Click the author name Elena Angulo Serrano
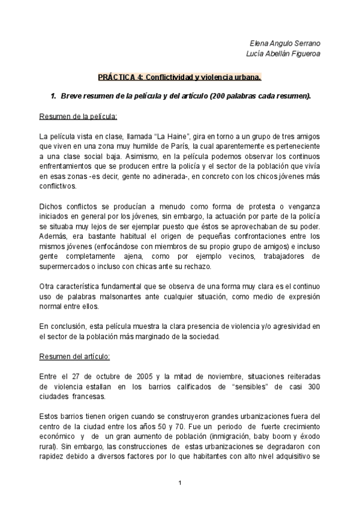(286, 44)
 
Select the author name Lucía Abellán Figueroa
(284, 55)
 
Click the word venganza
(302, 207)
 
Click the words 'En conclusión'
(62, 326)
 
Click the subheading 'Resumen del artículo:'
(74, 356)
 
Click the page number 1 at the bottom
(179, 483)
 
